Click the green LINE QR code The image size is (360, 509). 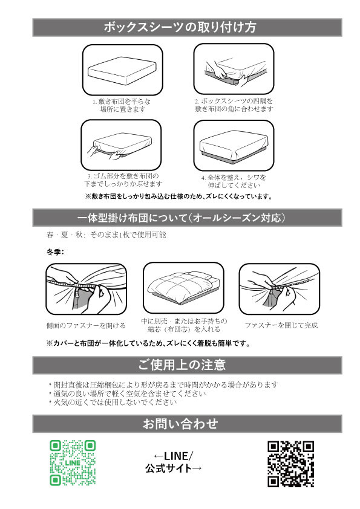coord(73,463)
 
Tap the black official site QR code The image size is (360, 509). coord(291,464)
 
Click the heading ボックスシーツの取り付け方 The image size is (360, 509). coord(180,27)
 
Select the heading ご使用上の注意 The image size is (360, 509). coord(182,365)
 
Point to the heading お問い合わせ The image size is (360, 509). coord(180,424)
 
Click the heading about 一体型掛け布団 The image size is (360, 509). coord(182,218)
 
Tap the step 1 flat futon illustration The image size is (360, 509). coord(122,70)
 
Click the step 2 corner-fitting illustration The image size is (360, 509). coord(234,69)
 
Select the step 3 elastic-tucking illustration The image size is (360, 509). coord(121,144)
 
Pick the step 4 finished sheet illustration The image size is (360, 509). coord(234,146)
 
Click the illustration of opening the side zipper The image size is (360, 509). coord(86,289)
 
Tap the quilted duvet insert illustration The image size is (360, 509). coord(183,288)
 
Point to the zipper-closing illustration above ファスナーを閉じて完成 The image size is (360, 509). coord(280,289)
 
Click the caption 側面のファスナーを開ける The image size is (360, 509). coord(86,325)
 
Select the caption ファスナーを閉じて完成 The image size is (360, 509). coord(281,325)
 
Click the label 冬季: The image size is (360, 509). coord(55,252)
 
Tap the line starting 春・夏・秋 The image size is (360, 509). coord(106,235)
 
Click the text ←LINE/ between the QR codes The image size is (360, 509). coord(173,456)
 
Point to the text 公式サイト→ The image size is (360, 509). coord(174,468)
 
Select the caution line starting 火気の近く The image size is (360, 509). coord(113,403)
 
